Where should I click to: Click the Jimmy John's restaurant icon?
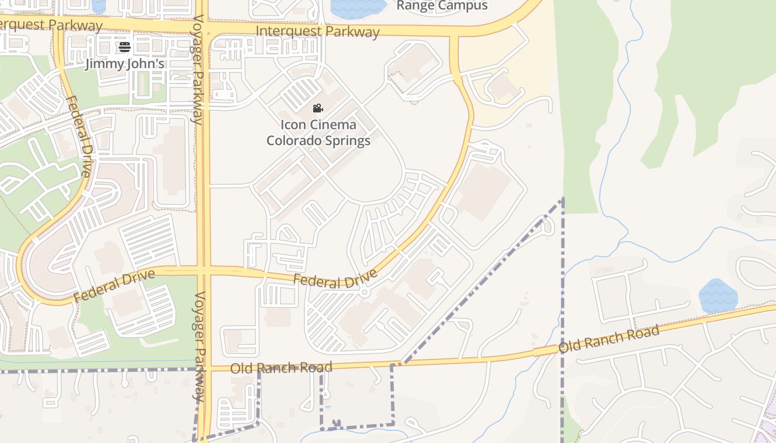tap(124, 47)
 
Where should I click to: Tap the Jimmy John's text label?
tap(125, 64)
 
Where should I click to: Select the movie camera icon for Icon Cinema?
tap(318, 109)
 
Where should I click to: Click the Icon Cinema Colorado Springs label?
tap(318, 132)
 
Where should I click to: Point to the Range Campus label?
tap(442, 6)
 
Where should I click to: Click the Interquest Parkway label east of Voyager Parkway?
tap(318, 31)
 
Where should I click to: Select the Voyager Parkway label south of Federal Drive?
tap(200, 346)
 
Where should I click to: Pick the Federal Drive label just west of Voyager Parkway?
tap(114, 286)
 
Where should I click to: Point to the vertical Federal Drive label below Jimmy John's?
tap(78, 136)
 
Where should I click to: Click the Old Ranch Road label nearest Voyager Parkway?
tap(281, 367)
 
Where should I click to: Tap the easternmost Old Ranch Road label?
tap(609, 339)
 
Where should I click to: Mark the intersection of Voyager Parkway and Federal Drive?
tap(203, 270)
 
